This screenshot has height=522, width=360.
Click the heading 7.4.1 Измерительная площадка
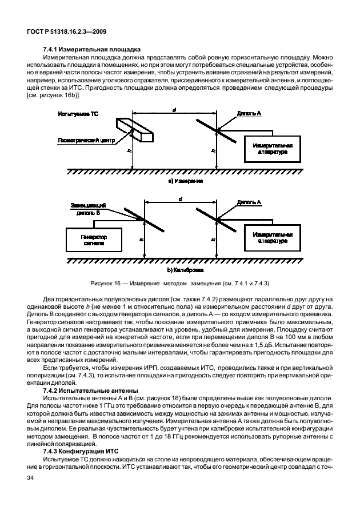pyautogui.click(x=84, y=49)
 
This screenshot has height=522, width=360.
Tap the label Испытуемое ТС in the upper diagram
pyautogui.click(x=78, y=114)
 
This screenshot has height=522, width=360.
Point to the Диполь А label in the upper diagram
pyautogui.click(x=249, y=114)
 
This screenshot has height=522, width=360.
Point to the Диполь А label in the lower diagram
pyautogui.click(x=249, y=202)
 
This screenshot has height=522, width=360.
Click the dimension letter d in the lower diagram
pyautogui.click(x=180, y=198)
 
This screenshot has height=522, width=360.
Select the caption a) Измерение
pyautogui.click(x=185, y=180)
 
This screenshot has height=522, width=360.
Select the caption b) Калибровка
pyautogui.click(x=185, y=268)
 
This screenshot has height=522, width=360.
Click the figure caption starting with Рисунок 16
pyautogui.click(x=179, y=284)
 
